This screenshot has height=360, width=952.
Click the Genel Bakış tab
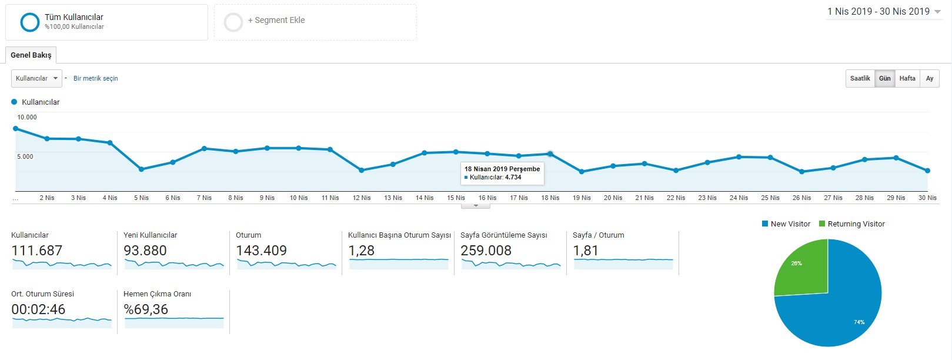[31, 55]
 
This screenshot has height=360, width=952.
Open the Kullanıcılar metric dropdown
[36, 79]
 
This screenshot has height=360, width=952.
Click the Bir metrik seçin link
[96, 79]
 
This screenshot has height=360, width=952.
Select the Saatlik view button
[860, 79]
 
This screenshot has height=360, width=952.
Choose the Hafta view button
[907, 79]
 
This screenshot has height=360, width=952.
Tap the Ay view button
[930, 79]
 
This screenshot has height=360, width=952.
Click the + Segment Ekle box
[315, 22]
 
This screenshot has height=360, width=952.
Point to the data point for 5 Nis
[142, 169]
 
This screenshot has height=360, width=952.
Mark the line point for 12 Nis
[362, 170]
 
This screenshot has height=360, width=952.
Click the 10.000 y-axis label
[27, 117]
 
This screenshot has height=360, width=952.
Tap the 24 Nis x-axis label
[739, 198]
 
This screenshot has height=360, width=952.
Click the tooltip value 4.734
[513, 177]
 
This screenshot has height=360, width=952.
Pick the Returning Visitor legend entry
[851, 224]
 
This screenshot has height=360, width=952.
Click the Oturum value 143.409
[262, 251]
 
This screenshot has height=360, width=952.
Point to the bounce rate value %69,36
[146, 309]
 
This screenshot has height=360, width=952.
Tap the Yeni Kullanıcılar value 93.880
[145, 251]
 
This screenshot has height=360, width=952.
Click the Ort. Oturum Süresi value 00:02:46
[38, 309]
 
